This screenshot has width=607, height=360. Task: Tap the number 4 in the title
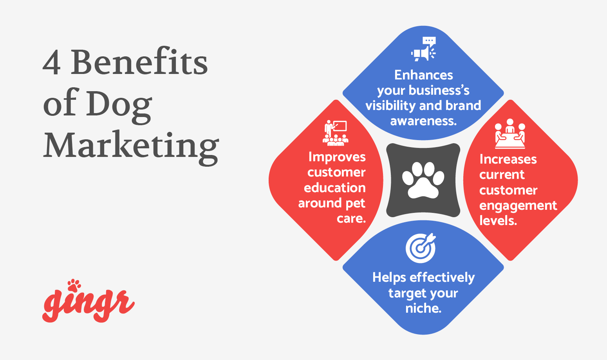tap(51, 63)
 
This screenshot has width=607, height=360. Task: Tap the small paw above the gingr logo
tap(74, 285)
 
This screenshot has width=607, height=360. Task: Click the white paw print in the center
tap(423, 180)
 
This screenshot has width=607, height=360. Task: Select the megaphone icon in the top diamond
tap(423, 49)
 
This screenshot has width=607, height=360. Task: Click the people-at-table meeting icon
tap(509, 134)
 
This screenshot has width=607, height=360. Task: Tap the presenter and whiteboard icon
tap(336, 133)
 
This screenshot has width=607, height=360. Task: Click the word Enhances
tap(423, 75)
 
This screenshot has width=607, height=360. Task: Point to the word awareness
tap(423, 121)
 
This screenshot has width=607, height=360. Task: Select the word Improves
tap(337, 157)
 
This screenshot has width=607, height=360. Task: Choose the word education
tap(334, 188)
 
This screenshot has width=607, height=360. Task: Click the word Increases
tap(508, 159)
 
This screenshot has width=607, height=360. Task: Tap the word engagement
tap(518, 206)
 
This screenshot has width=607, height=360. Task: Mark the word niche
tap(423, 308)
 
